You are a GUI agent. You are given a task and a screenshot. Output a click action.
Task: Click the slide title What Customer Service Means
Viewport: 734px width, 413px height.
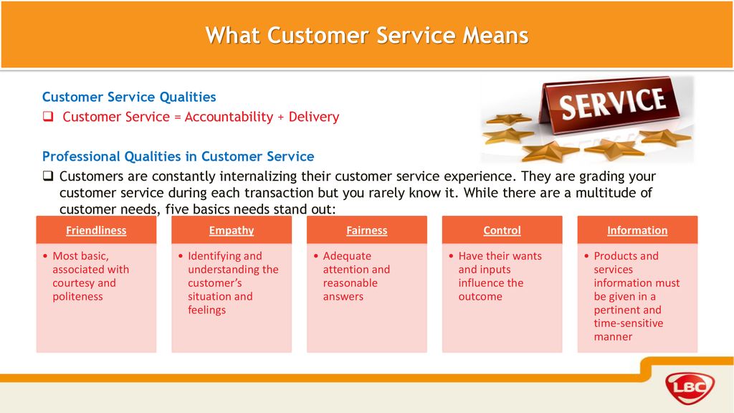click(367, 36)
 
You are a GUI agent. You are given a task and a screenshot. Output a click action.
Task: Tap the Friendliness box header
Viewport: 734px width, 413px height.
click(96, 230)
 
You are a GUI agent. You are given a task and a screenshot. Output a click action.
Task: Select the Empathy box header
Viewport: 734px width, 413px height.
click(232, 230)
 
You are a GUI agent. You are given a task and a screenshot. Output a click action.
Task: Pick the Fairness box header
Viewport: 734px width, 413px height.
click(366, 230)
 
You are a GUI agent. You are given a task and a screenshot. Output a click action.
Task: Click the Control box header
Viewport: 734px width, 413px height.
click(502, 230)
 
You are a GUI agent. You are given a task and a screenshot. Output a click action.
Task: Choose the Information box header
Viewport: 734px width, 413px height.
click(637, 230)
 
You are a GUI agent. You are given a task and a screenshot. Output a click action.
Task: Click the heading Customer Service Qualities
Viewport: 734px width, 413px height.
click(129, 97)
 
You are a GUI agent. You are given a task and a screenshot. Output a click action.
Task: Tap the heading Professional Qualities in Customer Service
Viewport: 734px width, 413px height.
click(178, 156)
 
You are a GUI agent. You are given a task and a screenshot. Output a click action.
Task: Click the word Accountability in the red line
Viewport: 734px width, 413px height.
click(229, 117)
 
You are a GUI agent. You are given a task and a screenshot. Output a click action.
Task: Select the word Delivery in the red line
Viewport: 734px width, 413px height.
click(314, 117)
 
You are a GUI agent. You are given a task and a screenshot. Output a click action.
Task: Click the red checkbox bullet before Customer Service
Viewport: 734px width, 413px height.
click(48, 116)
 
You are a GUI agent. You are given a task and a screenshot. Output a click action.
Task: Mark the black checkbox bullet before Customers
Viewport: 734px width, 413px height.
click(48, 176)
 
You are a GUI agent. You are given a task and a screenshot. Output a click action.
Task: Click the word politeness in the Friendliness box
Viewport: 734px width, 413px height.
click(77, 297)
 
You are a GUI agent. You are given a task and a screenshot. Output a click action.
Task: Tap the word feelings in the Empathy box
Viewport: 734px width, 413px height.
click(207, 310)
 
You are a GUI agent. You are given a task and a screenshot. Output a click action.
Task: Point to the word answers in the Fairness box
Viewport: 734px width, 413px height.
click(343, 296)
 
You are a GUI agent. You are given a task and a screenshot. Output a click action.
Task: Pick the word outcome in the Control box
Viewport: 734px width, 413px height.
click(480, 296)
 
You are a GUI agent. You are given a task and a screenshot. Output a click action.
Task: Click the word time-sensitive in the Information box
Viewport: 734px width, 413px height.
click(629, 323)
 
